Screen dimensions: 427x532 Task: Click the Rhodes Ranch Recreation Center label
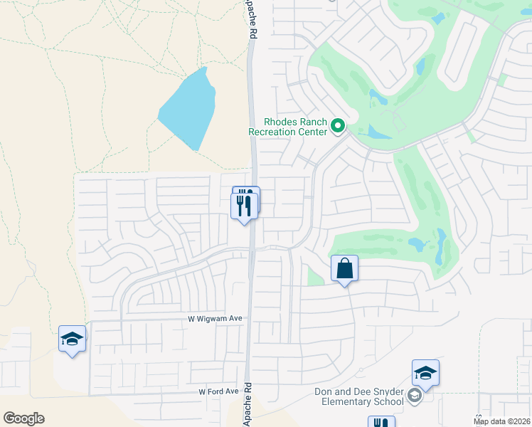[x=287, y=126]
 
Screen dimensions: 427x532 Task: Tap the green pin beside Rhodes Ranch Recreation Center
[x=339, y=127]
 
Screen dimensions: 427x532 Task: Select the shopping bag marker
[x=344, y=269]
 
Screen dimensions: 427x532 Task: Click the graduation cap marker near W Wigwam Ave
[x=72, y=339]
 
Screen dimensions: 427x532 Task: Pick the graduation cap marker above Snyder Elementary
[x=425, y=373]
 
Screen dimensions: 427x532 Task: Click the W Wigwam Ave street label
[x=216, y=319]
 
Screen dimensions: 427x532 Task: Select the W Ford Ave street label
[x=218, y=391]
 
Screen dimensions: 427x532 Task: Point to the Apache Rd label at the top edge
[x=251, y=20]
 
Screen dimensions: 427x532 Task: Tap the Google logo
[x=23, y=418]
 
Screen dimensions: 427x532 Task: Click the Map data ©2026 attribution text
[x=501, y=421]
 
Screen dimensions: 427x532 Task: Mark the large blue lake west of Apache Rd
[x=187, y=108]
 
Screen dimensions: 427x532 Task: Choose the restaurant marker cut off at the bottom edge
[x=381, y=422]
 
